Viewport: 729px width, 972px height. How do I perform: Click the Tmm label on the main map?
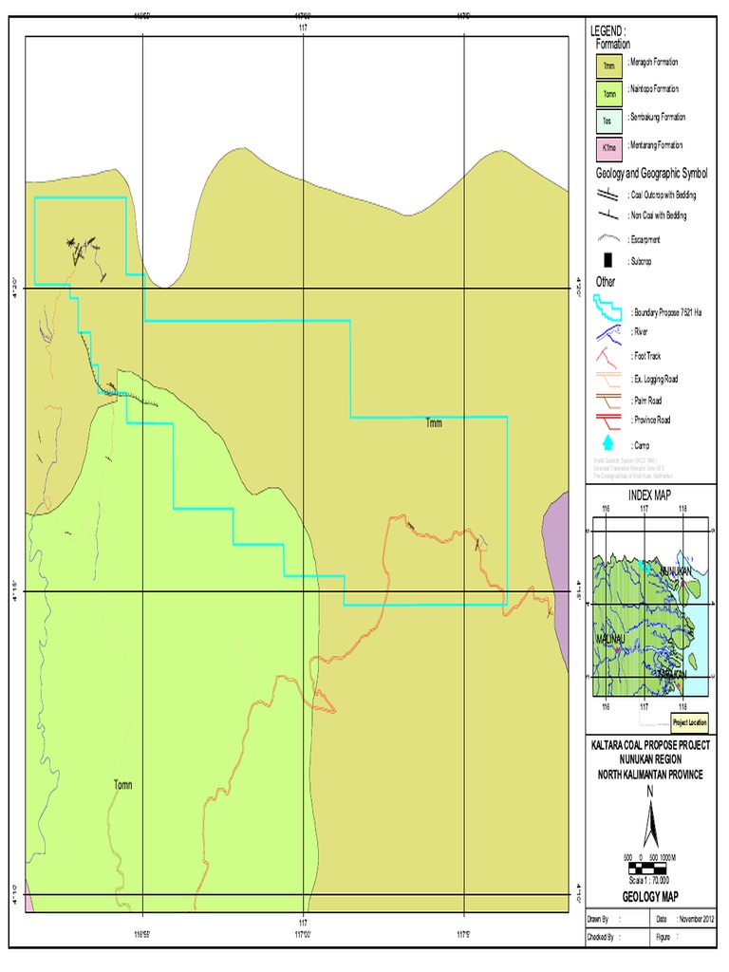(x=436, y=423)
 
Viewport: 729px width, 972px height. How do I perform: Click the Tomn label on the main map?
(x=122, y=785)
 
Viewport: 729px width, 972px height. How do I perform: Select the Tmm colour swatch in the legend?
(x=608, y=66)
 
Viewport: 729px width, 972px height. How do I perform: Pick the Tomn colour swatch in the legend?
(x=608, y=94)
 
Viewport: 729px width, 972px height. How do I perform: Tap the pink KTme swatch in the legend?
(x=608, y=149)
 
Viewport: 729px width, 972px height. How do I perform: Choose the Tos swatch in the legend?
(x=608, y=121)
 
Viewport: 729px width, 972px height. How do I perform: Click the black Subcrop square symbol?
(x=608, y=261)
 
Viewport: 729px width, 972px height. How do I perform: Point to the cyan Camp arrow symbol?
(x=608, y=442)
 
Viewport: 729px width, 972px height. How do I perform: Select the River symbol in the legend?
(x=608, y=333)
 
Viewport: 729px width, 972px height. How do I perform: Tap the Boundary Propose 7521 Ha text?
(x=666, y=312)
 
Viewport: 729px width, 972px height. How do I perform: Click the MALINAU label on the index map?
(x=609, y=639)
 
